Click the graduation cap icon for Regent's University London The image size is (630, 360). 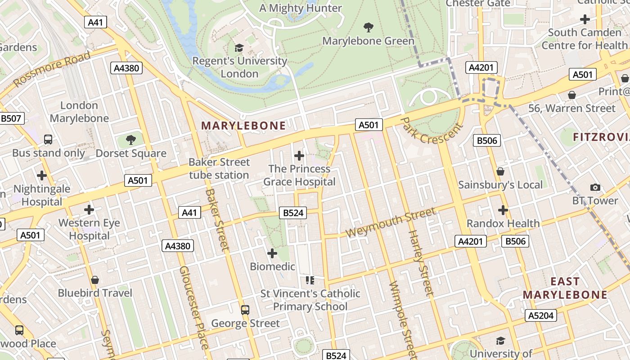click(239, 48)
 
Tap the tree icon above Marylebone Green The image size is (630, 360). click(369, 27)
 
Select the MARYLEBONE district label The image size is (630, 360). click(243, 126)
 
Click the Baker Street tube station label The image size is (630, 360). click(219, 168)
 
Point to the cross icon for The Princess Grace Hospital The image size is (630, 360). click(299, 156)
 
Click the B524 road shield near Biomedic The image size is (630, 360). click(293, 213)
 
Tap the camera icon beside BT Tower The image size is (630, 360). click(595, 187)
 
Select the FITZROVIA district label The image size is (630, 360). click(601, 137)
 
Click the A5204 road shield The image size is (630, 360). click(540, 315)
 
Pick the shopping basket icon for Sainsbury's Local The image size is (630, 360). click(500, 171)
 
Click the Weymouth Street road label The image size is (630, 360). click(391, 223)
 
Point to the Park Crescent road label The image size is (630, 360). click(431, 131)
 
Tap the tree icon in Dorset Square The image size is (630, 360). click(131, 140)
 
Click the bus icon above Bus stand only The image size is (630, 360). click(48, 139)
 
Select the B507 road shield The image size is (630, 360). click(11, 119)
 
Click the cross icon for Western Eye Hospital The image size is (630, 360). click(89, 210)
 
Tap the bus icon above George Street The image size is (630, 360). click(245, 310)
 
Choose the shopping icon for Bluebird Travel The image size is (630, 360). click(94, 280)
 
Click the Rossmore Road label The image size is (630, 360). click(52, 69)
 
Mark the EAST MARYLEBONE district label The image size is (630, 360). click(565, 288)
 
